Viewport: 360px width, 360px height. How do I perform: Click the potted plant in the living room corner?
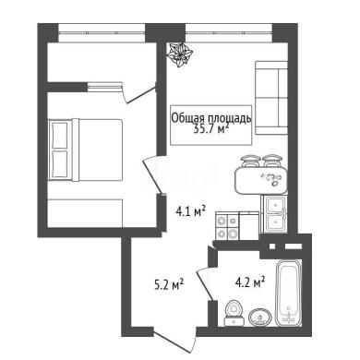tap(180, 54)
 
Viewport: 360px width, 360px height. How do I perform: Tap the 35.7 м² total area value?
tap(211, 129)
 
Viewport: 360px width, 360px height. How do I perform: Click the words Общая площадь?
tap(211, 118)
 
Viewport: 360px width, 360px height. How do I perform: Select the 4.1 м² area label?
tap(190, 211)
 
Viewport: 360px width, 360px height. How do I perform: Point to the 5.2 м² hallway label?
tap(169, 284)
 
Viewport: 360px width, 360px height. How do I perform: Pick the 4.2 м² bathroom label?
tap(250, 282)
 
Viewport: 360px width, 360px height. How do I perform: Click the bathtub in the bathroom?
tap(289, 294)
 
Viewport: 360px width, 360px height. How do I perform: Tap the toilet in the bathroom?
tap(234, 313)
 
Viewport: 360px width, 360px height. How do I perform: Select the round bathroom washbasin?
tap(260, 317)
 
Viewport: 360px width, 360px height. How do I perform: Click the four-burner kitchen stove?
tap(227, 227)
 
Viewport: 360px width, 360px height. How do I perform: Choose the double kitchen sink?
tap(276, 214)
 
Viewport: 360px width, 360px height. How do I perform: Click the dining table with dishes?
tap(261, 181)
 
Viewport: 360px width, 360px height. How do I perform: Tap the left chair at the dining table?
tap(250, 162)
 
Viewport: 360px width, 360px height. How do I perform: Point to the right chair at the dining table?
tap(271, 162)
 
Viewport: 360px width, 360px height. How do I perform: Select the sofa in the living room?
tap(271, 98)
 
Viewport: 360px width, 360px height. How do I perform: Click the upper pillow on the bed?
tap(60, 135)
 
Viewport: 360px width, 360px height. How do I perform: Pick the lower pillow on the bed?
tap(60, 164)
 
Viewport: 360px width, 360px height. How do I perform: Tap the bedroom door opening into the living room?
tap(153, 174)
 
